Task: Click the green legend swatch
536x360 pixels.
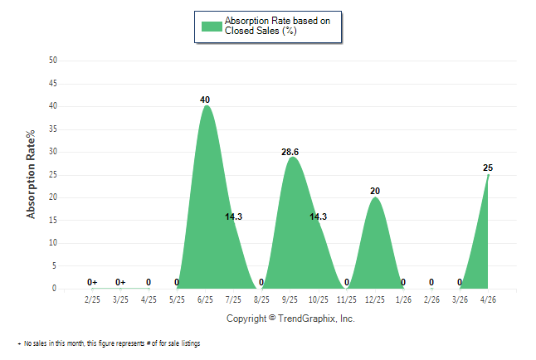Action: coord(212,27)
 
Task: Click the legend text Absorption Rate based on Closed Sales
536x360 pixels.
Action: coord(277,26)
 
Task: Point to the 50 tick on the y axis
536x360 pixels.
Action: coord(53,61)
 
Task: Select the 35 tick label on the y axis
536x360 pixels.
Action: coord(53,129)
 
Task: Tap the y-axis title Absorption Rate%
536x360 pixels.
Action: coord(31,174)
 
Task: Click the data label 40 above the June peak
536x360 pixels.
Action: coord(205,100)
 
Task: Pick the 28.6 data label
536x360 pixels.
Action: coord(290,152)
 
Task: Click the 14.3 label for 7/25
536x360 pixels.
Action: coord(233,216)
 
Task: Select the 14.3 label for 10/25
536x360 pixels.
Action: coord(319,216)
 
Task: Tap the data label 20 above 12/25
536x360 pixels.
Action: coord(375,191)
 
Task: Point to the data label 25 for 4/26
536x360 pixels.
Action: coord(488,168)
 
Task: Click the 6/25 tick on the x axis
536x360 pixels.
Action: coord(205,299)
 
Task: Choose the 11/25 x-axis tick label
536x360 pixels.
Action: coord(347,299)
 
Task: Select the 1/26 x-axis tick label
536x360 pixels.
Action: coord(403,299)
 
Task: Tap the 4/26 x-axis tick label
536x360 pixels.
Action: coord(488,299)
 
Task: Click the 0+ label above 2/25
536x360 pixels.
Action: coord(92,282)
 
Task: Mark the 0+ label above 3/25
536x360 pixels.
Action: coord(120,282)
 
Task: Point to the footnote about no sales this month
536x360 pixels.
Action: coord(109,343)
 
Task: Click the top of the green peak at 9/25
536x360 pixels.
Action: coord(292,157)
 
